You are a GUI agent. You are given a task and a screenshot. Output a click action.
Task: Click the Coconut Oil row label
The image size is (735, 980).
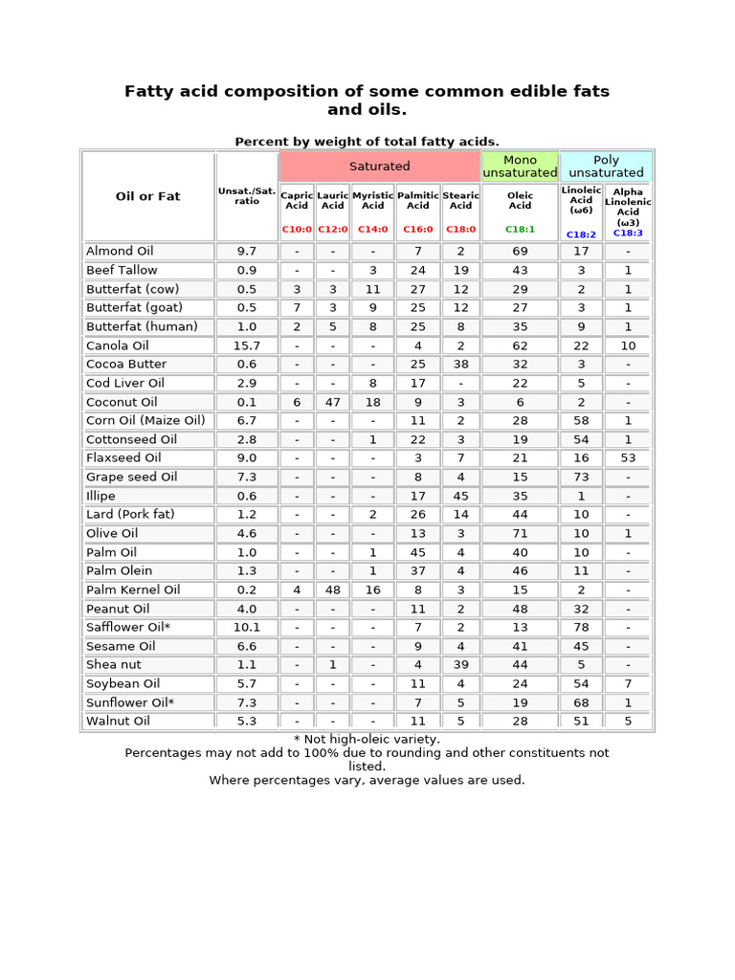[122, 402]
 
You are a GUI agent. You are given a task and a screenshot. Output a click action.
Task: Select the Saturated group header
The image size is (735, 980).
[379, 167]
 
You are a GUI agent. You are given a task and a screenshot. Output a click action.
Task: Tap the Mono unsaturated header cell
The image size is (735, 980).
[520, 167]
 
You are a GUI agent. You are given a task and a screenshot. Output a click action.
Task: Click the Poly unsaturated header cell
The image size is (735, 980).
[606, 167]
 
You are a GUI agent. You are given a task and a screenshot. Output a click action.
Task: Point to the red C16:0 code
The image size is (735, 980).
[417, 230]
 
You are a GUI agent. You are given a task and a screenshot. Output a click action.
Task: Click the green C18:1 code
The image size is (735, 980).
[520, 230]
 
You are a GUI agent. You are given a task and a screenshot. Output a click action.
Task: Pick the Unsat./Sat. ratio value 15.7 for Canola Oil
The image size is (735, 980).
[247, 345]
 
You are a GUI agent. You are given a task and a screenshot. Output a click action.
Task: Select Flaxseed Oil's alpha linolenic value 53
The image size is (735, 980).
[628, 458]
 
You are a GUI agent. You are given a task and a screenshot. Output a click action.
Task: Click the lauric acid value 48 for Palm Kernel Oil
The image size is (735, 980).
[332, 590]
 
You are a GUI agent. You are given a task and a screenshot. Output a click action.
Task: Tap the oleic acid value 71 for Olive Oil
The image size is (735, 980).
[520, 533]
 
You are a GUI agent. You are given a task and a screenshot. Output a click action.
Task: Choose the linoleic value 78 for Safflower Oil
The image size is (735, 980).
[581, 627]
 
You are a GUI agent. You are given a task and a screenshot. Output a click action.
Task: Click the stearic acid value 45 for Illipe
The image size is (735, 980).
[460, 496]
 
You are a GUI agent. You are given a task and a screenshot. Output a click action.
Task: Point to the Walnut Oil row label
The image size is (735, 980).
[118, 721]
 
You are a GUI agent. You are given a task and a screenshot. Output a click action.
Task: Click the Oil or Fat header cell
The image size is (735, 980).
[147, 196]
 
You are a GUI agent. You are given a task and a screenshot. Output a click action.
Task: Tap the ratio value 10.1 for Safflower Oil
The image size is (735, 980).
[247, 627]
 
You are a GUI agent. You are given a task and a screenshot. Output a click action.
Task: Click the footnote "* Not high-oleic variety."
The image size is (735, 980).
[367, 739]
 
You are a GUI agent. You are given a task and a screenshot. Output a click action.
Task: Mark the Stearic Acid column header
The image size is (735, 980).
[460, 200]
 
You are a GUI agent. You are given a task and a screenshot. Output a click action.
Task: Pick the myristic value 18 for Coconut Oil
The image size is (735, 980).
[372, 402]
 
